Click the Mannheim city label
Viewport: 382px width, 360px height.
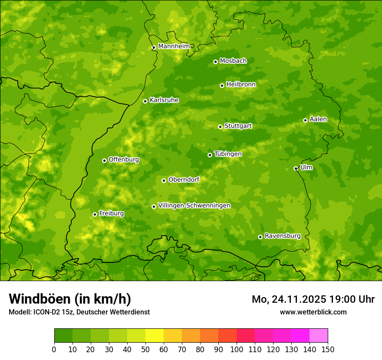coord(174,46)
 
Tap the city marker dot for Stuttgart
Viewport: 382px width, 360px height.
coord(220,127)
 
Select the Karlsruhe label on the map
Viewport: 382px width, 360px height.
coord(164,100)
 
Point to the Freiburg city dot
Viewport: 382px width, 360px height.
coord(95,214)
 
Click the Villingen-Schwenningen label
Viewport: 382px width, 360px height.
coord(194,206)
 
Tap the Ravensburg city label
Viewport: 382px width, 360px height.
coord(283,236)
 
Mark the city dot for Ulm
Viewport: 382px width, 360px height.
coord(296,168)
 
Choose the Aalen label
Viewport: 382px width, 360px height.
coord(318,119)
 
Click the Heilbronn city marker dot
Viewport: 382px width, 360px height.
coord(222,85)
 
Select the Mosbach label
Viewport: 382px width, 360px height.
coord(233,61)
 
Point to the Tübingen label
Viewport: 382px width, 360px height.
coord(228,154)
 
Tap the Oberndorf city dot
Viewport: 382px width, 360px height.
coord(164,180)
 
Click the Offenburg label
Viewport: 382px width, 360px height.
coord(124,160)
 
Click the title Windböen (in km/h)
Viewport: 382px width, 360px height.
coord(70,299)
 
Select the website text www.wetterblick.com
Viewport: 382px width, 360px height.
coord(313,312)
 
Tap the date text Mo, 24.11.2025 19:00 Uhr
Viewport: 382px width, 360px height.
coord(313,299)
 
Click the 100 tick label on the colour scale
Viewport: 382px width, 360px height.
coord(237,349)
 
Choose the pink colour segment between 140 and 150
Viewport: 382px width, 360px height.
coord(319,336)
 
